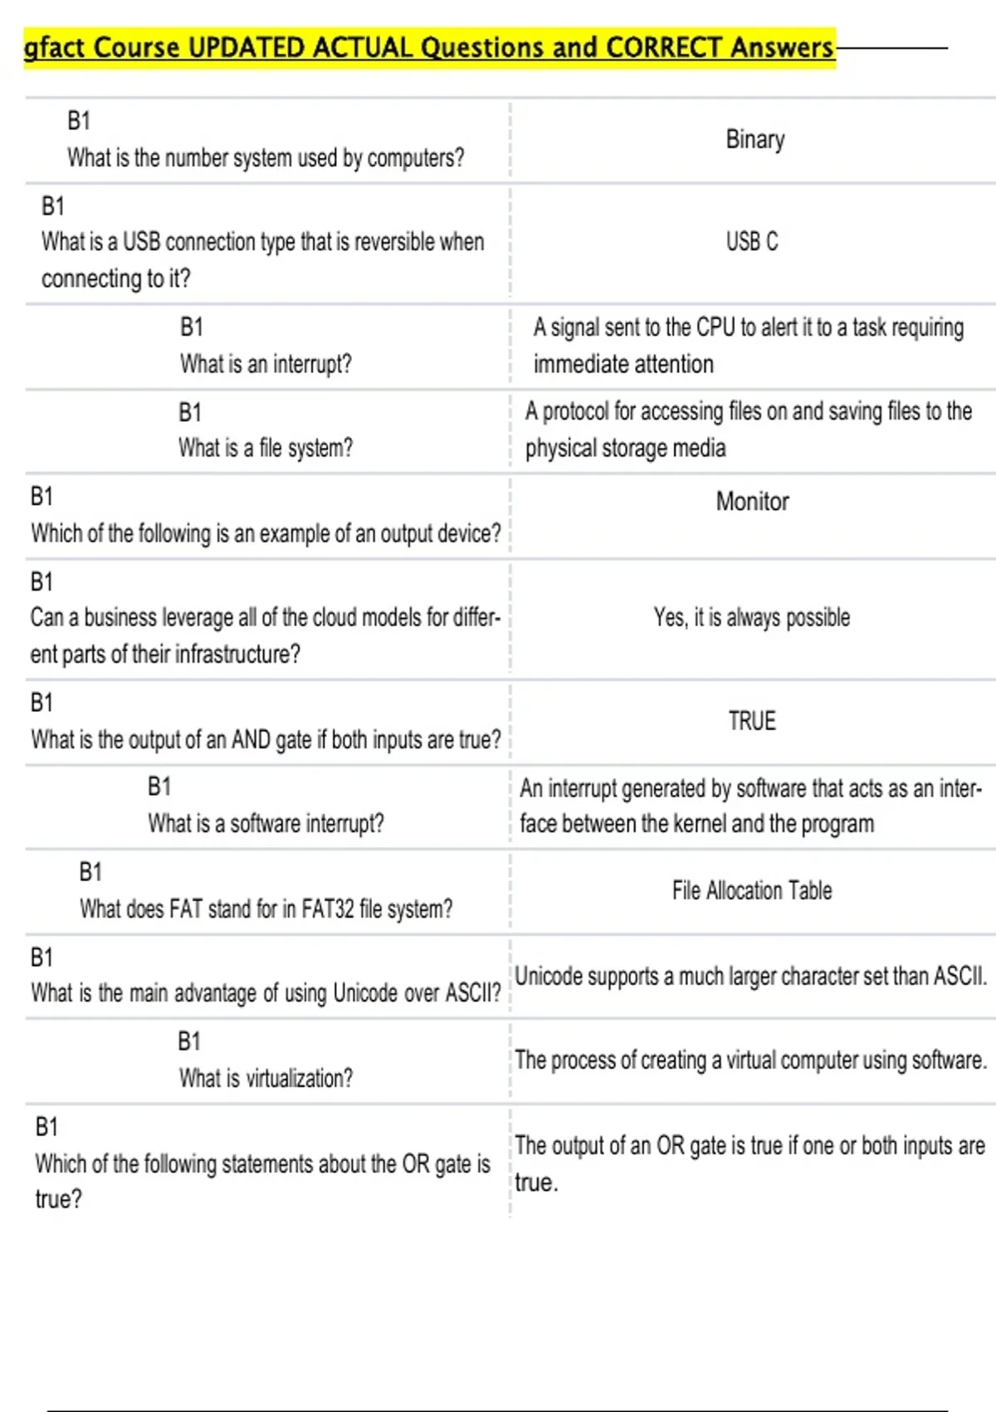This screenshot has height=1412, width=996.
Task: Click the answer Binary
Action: coord(754,140)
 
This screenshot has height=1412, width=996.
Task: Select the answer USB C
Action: coord(752,242)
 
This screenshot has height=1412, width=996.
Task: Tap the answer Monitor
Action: coord(752,502)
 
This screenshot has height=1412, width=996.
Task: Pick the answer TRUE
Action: coord(752,721)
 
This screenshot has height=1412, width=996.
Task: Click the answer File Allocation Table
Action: coord(752,891)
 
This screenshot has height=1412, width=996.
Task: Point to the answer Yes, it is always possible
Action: coord(752,618)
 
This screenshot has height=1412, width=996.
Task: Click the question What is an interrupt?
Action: coord(266,364)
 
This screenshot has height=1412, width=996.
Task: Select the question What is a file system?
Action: coord(266,449)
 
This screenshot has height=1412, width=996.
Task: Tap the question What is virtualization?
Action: coord(266,1078)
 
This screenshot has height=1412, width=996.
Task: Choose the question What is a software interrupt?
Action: coord(266,824)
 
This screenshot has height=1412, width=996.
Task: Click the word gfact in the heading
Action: coord(55,48)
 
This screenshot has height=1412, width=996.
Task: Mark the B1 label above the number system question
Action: coord(79,121)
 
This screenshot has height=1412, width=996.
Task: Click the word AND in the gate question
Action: coord(251,739)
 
